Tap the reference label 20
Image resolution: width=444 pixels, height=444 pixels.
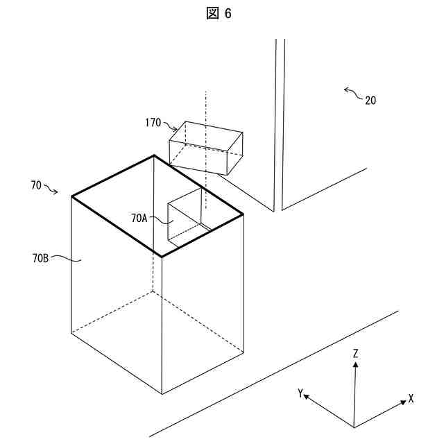(370, 100)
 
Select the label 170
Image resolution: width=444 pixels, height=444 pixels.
(153, 123)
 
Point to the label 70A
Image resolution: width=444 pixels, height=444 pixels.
(139, 218)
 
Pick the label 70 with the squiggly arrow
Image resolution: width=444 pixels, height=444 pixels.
(36, 185)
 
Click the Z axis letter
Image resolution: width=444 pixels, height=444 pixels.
(355, 354)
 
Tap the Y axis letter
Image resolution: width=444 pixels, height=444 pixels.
(300, 393)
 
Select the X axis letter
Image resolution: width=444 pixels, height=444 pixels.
(411, 399)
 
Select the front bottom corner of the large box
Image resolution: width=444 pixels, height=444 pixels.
(162, 394)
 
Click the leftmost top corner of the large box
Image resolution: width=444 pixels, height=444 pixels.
(72, 197)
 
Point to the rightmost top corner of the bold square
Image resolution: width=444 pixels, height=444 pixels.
(243, 215)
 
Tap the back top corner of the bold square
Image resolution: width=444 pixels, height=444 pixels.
(153, 155)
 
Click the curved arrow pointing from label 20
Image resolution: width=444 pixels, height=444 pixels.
(352, 92)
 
